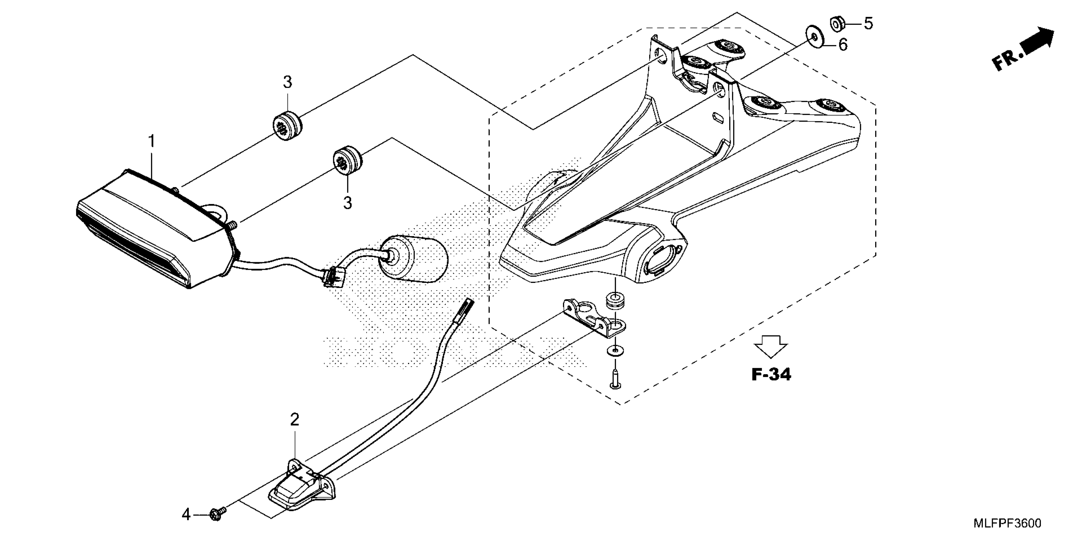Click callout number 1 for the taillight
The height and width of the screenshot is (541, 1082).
point(151,142)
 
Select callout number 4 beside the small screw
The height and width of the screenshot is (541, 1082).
point(186,514)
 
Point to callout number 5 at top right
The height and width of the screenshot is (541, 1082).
point(868,24)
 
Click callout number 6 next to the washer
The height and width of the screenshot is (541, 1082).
point(843,45)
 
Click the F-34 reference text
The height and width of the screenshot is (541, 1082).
point(771,375)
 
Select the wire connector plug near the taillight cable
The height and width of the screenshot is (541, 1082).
point(334,278)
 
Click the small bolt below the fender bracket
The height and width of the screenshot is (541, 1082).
point(615,378)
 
